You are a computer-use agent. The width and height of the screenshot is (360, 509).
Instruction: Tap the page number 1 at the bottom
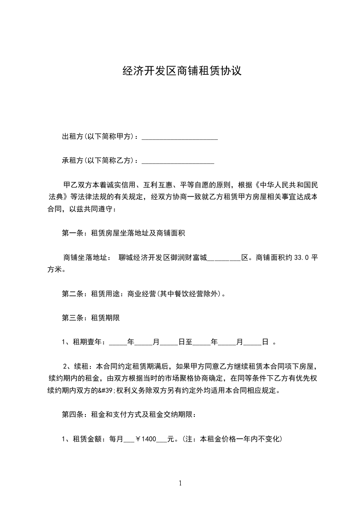(180, 484)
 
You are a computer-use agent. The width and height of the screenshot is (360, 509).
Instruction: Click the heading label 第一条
(71, 234)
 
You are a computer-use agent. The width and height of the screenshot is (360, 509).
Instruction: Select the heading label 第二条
(71, 294)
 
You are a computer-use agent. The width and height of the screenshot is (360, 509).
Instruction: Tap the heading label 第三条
(71, 318)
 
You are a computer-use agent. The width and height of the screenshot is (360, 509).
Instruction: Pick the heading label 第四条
(71, 415)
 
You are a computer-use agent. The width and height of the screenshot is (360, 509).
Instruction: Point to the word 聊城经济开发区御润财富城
(163, 258)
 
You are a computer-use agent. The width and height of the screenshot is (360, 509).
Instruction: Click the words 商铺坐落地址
(85, 258)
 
